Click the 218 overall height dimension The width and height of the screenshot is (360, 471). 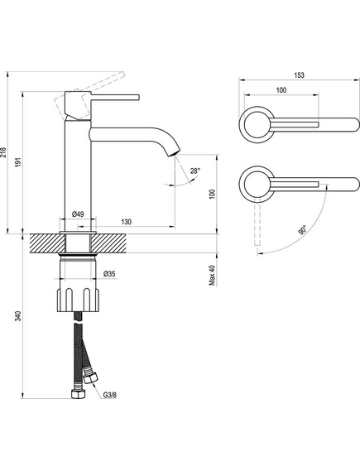point(2,152)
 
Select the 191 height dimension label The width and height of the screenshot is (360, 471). point(18,162)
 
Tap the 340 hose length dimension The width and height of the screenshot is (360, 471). point(18,316)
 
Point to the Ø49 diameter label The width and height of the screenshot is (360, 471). point(78,214)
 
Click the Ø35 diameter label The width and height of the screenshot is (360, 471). point(109,274)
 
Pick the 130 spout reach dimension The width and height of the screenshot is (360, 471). point(126,222)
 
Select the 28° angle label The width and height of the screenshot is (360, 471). point(194,171)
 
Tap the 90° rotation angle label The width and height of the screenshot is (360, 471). point(302,230)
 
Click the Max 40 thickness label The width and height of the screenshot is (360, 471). point(213,275)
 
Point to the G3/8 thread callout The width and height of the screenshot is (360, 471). point(109,396)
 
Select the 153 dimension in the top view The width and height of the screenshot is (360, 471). point(299,75)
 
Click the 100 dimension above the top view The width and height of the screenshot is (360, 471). point(281,90)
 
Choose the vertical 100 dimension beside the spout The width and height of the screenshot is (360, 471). point(213,194)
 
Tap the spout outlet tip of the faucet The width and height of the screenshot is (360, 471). point(174,153)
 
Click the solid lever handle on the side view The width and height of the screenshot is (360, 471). point(115,98)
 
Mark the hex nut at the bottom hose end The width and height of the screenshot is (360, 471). point(79,394)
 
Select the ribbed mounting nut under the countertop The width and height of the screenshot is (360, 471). point(77,300)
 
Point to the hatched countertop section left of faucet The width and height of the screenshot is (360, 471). point(47,243)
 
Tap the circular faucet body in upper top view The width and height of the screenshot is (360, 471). point(257,124)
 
